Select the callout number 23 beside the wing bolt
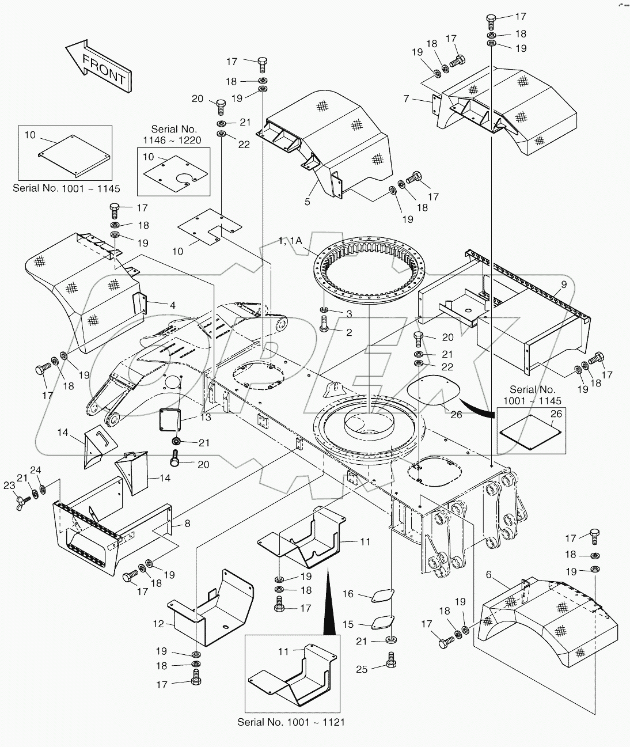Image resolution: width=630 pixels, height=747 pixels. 9,486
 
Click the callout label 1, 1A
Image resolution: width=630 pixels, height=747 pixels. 290,241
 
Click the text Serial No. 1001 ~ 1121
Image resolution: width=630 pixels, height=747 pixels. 291,722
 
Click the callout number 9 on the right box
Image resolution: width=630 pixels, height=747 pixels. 564,284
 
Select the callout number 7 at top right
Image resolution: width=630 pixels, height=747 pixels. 406,100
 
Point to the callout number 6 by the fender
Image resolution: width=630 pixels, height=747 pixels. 489,575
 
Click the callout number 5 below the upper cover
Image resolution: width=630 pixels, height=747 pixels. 308,202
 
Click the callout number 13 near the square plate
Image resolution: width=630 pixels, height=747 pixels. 206,416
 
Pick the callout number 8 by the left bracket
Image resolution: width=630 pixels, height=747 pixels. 187,524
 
